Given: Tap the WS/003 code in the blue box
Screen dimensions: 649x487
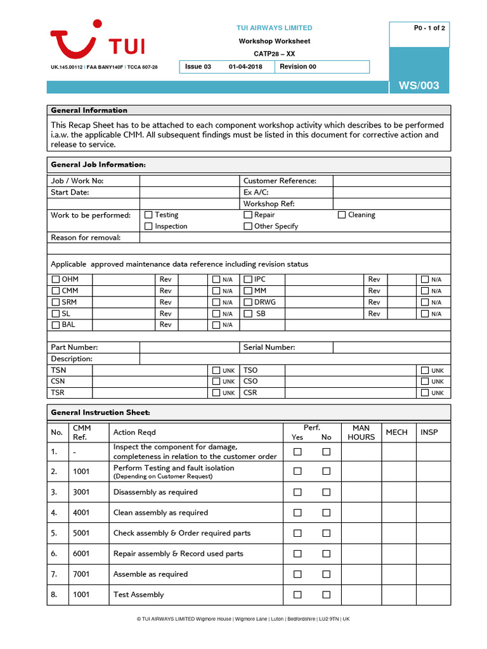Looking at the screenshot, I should tap(419, 86).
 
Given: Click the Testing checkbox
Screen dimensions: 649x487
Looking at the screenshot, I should tap(149, 215).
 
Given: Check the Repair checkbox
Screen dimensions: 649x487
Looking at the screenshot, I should tap(248, 215).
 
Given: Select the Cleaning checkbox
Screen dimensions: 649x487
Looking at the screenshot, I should tap(342, 215).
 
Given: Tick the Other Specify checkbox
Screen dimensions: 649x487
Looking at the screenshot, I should tap(248, 226).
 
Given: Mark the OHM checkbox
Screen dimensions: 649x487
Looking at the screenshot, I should tap(56, 280).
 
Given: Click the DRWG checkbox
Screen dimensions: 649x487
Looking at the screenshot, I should tap(248, 302).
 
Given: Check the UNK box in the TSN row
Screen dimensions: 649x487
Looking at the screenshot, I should tap(216, 370).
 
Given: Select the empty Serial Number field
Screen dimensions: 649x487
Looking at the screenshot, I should tap(391, 347).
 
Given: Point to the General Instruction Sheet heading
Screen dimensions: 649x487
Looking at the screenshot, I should tap(100, 413).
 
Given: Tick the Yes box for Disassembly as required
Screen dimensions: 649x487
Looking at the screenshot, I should tap(297, 492).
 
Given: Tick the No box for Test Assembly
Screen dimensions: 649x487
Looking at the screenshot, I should tap(326, 594).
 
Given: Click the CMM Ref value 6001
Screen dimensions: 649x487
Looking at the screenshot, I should tap(81, 553).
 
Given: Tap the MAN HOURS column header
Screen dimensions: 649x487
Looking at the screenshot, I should tap(361, 432).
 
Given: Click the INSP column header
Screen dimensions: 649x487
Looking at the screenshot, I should tap(429, 432).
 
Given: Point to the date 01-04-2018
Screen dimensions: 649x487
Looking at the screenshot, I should tap(245, 67).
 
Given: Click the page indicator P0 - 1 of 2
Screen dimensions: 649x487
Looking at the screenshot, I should tap(429, 28).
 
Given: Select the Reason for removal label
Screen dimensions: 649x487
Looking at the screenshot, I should tap(86, 238).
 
